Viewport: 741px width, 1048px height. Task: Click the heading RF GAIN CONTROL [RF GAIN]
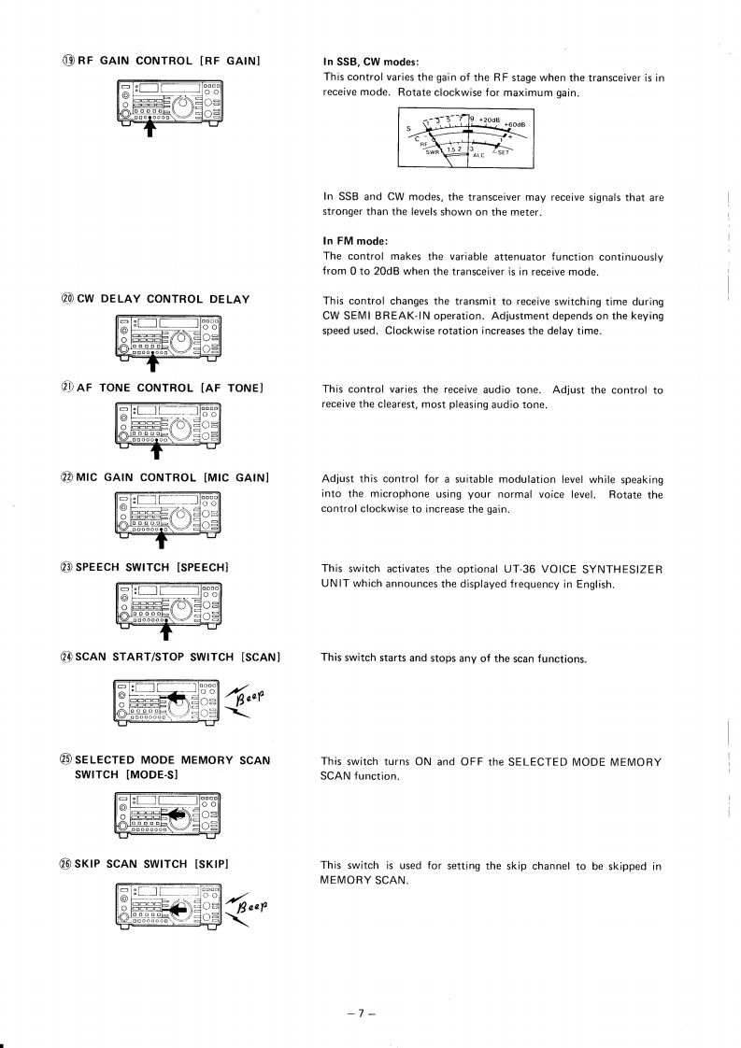[161, 62]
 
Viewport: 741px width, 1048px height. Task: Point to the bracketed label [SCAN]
[261, 657]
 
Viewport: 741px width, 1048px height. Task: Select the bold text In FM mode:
[354, 241]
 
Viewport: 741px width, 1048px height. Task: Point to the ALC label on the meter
[479, 156]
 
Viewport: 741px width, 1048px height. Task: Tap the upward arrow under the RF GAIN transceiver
[148, 128]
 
